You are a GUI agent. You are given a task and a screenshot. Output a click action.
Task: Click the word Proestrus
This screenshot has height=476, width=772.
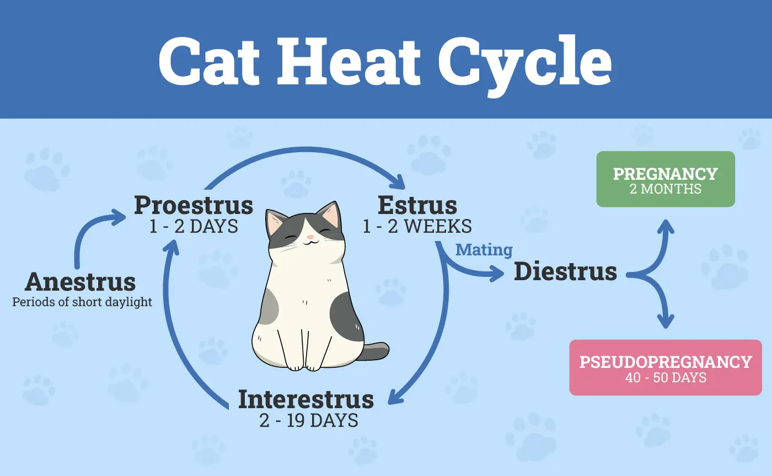[194, 205]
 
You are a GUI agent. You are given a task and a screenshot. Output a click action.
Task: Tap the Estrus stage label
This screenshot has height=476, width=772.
[417, 205]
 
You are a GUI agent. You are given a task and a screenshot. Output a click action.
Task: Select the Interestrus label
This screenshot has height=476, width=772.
[305, 399]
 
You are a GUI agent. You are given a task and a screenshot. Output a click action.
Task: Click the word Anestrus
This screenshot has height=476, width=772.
[81, 282]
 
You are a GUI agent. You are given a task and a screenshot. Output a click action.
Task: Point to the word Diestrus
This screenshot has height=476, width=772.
[565, 271]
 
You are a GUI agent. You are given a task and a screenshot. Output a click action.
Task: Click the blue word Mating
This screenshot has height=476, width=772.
[484, 250]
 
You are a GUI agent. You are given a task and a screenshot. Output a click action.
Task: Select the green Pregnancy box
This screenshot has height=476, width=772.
[665, 179]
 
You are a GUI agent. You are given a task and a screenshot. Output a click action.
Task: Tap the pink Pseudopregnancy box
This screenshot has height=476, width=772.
[665, 367]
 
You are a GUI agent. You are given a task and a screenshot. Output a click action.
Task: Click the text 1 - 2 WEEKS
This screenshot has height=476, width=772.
[417, 226]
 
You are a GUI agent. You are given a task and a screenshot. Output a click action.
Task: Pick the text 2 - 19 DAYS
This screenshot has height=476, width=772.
[309, 420]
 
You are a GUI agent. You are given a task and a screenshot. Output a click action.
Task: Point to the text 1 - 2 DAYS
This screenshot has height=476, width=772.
[194, 226]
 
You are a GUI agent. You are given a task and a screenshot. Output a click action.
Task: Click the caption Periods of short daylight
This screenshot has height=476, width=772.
[82, 302]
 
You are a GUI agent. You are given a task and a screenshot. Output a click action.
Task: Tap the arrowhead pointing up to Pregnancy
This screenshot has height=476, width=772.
[666, 226]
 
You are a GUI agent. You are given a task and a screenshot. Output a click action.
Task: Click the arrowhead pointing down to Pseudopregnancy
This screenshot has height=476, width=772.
[666, 320]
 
